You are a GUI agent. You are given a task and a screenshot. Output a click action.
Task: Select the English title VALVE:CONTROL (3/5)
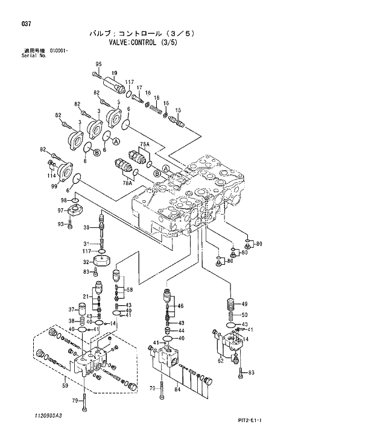tap(143, 43)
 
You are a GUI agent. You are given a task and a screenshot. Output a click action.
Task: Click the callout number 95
tap(98, 64)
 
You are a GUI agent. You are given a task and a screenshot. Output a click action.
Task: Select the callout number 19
tap(113, 73)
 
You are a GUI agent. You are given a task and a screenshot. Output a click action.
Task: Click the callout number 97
tap(60, 210)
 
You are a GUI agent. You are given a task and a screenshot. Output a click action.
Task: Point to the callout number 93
tap(60, 224)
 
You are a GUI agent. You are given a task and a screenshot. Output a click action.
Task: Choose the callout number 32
tap(86, 262)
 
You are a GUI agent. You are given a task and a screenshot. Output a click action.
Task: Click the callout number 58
tap(129, 290)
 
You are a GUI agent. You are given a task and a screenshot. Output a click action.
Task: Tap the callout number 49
tap(244, 304)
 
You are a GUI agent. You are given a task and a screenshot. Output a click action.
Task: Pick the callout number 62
tap(221, 361)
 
